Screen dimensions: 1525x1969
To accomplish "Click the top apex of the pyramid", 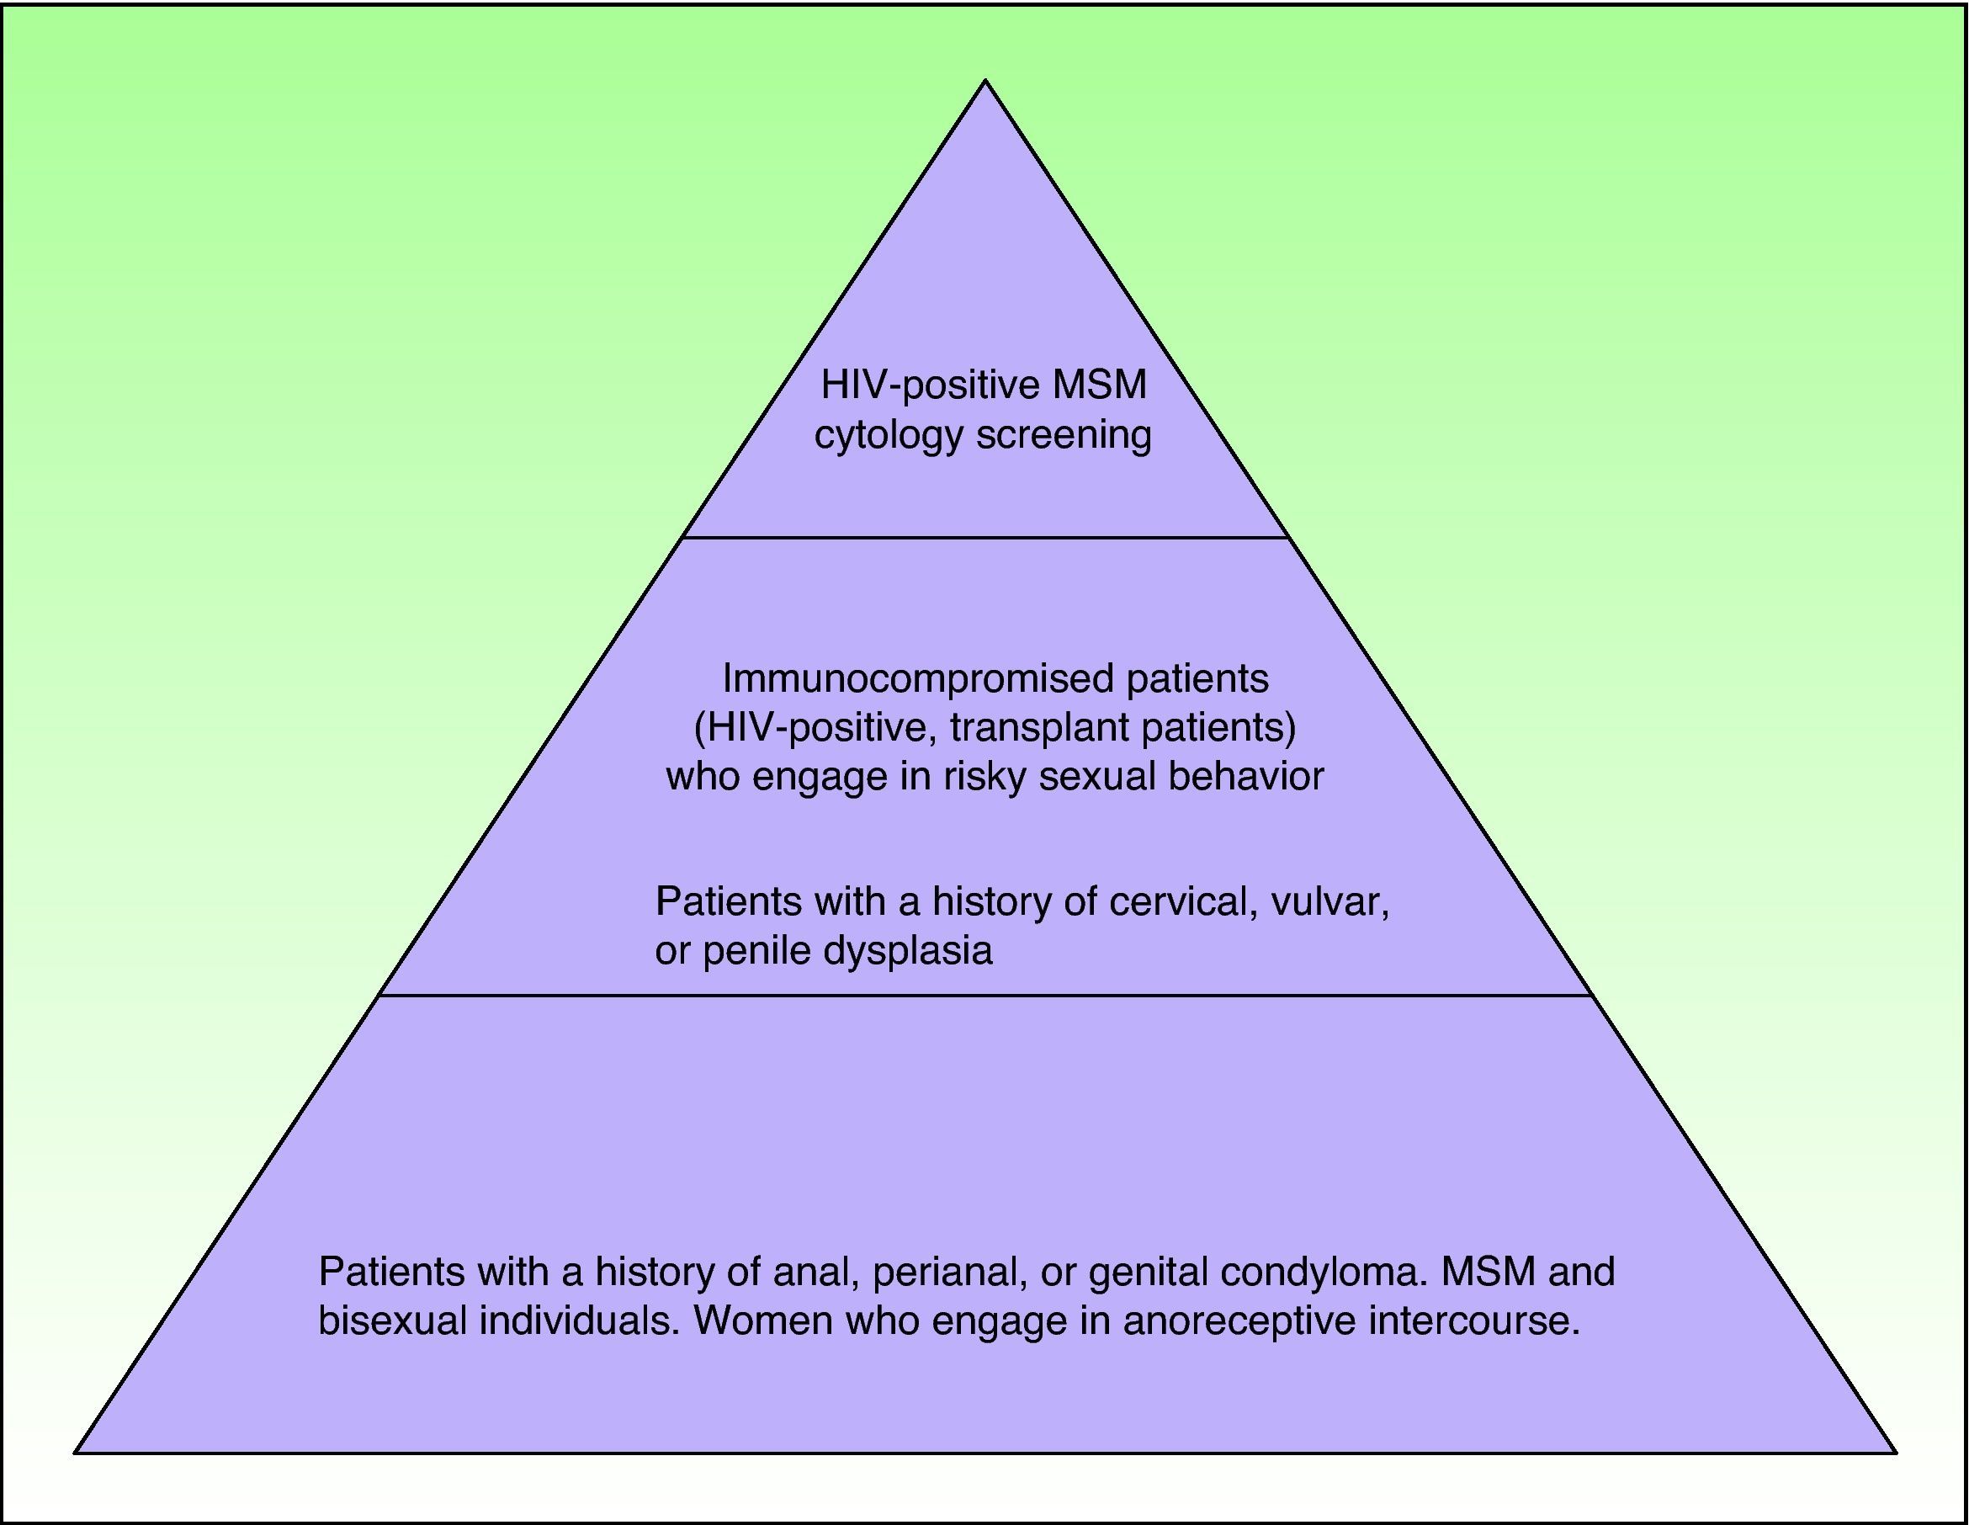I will pos(985,81).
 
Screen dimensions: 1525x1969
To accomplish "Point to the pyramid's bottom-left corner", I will pos(76,1453).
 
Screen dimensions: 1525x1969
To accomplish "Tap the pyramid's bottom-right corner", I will pos(1896,1453).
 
